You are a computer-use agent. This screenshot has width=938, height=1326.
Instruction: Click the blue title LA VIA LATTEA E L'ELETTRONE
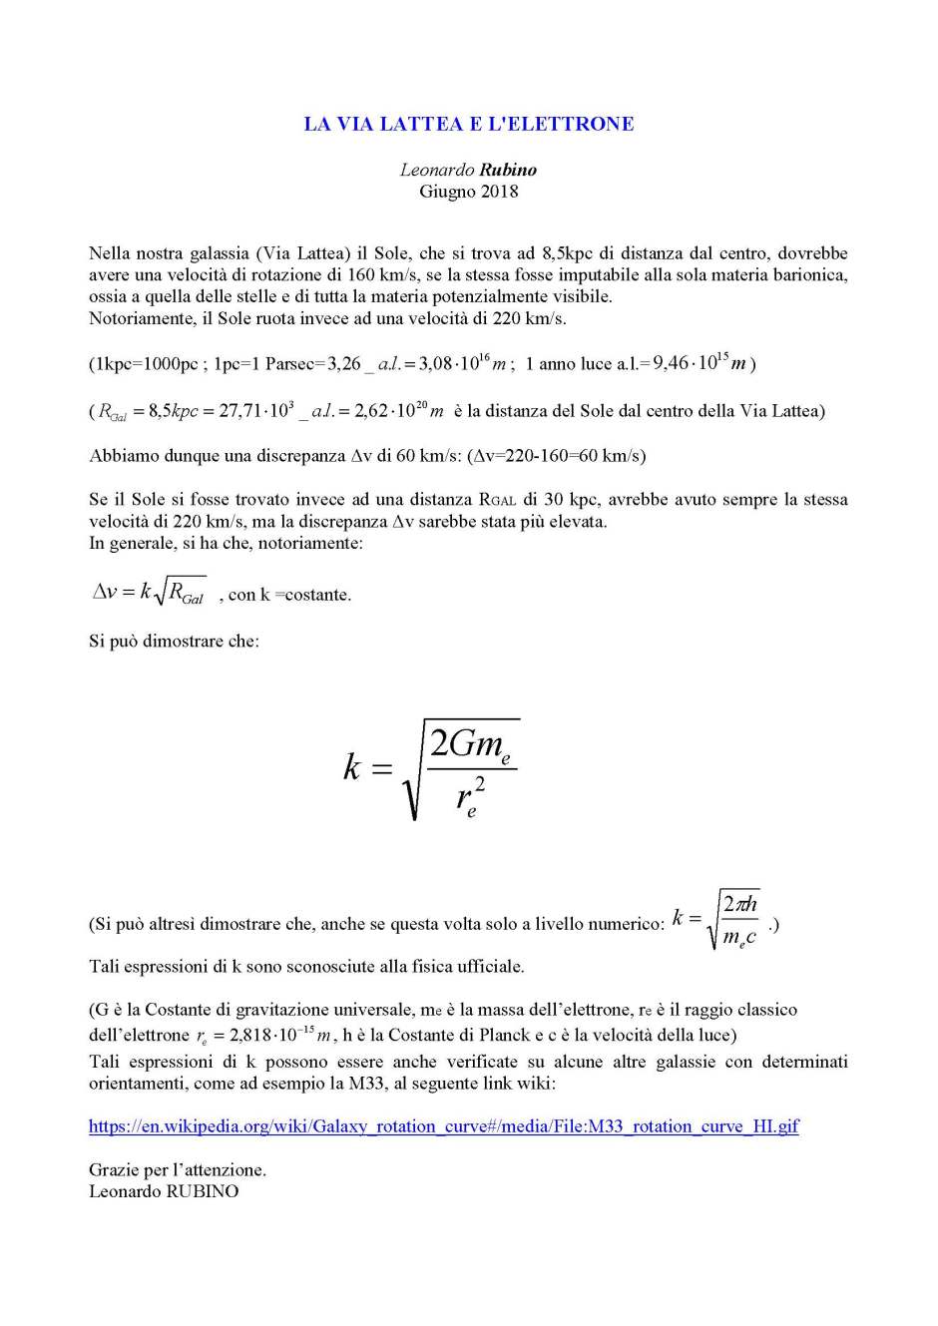pyautogui.click(x=468, y=125)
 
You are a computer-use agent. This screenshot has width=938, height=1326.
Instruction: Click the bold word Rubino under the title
pyautogui.click(x=508, y=170)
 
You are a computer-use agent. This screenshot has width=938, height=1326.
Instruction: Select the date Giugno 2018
pyautogui.click(x=468, y=192)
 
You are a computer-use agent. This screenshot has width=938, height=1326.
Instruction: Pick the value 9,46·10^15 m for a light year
pyautogui.click(x=699, y=363)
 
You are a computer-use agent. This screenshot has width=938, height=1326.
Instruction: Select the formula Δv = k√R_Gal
pyautogui.click(x=150, y=593)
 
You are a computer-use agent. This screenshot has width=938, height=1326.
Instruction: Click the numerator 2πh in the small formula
pyautogui.click(x=739, y=904)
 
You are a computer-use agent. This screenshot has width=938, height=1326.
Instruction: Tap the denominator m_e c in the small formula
pyautogui.click(x=739, y=937)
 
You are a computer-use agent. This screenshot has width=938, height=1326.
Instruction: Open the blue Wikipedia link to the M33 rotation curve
pyautogui.click(x=444, y=1126)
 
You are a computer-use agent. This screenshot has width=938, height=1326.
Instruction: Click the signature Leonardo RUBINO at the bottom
pyautogui.click(x=164, y=1191)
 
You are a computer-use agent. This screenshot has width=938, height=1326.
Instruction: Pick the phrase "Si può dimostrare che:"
pyautogui.click(x=174, y=641)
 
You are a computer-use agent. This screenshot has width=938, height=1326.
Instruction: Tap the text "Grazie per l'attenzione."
pyautogui.click(x=178, y=1169)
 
